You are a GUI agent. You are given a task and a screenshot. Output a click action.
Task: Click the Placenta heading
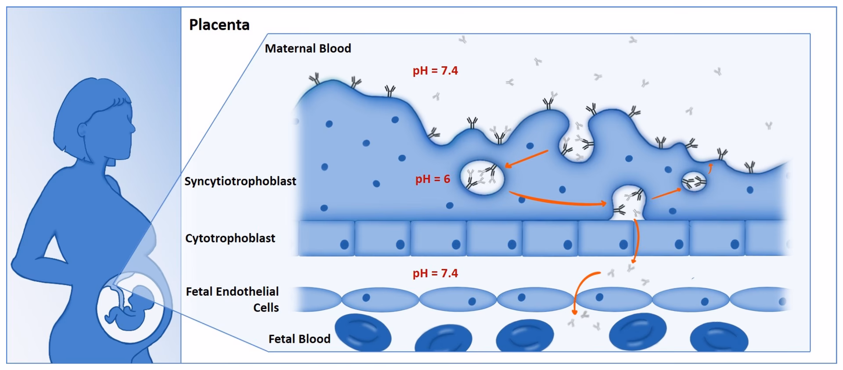(219, 25)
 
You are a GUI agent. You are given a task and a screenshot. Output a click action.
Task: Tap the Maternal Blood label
(308, 48)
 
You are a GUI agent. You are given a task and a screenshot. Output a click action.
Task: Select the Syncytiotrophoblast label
(240, 181)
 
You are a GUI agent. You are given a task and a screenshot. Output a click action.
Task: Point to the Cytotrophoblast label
(230, 238)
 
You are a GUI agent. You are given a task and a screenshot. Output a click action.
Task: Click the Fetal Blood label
(299, 339)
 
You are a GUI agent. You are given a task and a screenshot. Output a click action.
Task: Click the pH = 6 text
(432, 179)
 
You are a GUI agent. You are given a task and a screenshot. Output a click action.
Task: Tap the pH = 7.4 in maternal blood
(435, 70)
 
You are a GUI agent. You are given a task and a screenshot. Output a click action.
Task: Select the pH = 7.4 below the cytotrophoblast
(435, 273)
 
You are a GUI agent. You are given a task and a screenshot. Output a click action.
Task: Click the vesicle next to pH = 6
(482, 178)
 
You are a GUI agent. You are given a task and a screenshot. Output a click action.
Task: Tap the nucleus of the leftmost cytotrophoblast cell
(345, 245)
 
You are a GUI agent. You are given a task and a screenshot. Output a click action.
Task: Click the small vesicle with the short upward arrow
(694, 181)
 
